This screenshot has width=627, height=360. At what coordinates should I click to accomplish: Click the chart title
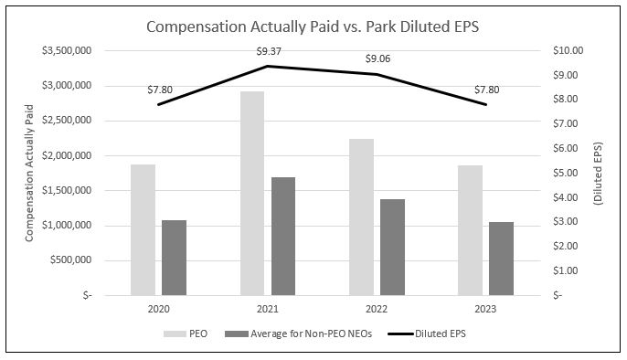313,26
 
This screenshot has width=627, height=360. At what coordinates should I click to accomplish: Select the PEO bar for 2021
252,193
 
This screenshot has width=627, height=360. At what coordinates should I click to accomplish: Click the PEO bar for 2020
143,229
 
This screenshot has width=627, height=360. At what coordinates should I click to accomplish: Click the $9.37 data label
268,51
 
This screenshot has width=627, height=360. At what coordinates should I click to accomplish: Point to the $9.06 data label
377,59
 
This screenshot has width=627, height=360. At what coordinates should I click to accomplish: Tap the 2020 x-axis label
158,310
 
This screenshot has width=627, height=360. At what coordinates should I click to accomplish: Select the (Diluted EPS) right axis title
598,173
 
